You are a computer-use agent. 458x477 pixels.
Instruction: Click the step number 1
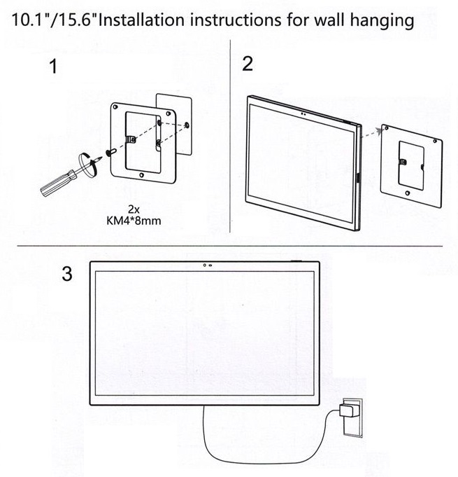(53, 67)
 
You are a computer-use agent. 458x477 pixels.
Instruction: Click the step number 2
(248, 64)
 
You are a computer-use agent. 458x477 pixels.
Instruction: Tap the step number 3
(67, 273)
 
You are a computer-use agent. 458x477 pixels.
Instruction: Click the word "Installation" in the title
(141, 20)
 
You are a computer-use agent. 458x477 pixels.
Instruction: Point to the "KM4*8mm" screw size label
(134, 221)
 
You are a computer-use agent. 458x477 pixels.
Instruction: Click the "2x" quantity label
(134, 209)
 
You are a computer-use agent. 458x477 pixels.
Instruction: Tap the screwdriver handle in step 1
(57, 183)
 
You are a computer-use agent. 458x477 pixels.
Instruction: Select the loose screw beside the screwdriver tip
(110, 152)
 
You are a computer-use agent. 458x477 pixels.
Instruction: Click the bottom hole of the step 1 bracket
(141, 175)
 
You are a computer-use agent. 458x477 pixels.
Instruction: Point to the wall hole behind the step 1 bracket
(187, 125)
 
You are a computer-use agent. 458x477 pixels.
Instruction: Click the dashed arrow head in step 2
(378, 130)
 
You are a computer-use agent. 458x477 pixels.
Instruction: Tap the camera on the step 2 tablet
(303, 114)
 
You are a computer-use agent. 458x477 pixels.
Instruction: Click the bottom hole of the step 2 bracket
(408, 193)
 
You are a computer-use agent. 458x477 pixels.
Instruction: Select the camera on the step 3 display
(208, 265)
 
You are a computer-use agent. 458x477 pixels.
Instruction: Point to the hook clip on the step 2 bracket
(402, 162)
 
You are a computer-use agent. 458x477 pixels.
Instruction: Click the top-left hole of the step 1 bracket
(115, 106)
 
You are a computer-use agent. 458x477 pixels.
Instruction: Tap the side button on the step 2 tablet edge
(358, 178)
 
